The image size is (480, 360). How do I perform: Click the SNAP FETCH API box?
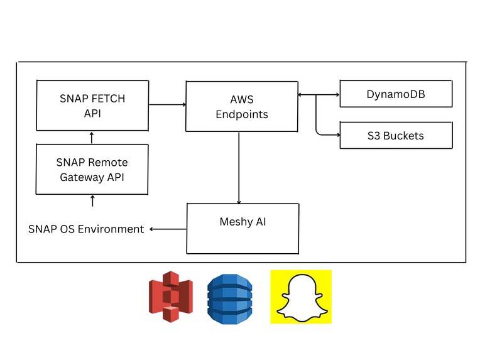point(92,105)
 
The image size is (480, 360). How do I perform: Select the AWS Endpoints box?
point(241,106)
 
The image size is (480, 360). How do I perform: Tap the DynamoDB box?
point(395,94)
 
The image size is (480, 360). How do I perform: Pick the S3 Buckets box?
point(395,135)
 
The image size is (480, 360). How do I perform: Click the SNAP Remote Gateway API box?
point(92,168)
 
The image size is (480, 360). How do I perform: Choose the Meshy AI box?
point(241,228)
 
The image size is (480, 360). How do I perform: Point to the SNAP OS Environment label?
point(86,229)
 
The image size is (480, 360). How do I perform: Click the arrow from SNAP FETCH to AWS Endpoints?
point(166,104)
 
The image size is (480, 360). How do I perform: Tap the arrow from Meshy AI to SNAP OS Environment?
point(167,229)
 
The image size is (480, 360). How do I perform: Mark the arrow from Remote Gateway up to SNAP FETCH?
point(92,137)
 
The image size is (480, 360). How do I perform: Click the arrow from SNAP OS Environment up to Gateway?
point(92,201)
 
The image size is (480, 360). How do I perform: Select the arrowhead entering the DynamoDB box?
point(335,95)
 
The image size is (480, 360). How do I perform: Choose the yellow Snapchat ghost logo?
point(301,297)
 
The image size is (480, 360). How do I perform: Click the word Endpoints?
point(242,114)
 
